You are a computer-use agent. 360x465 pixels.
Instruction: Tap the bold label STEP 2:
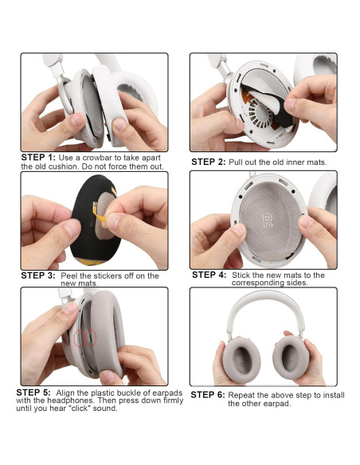[209, 162]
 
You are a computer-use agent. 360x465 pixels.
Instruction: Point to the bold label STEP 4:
[209, 275]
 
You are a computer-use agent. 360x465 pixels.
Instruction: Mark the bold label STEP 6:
[209, 395]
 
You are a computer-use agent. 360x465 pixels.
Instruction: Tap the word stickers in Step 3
[110, 275]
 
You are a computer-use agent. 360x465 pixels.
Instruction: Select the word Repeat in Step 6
[241, 395]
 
